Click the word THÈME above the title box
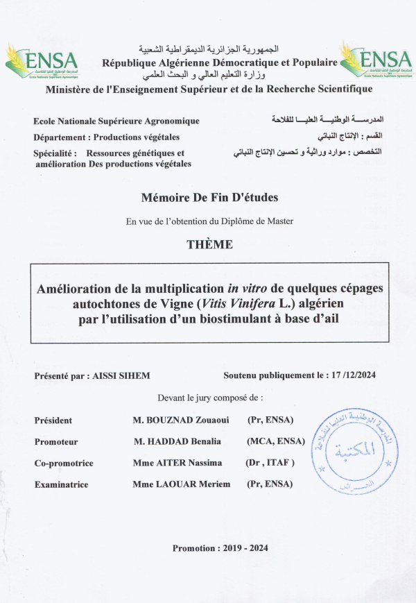point(209,244)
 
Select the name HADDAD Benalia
point(178,441)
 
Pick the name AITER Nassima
point(177,463)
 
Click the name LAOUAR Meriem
point(181,484)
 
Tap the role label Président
point(53,421)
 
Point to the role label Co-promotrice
point(64,463)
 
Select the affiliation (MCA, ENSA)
point(276,441)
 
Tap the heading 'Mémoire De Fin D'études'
point(209,198)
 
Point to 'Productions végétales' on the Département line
point(137,137)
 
